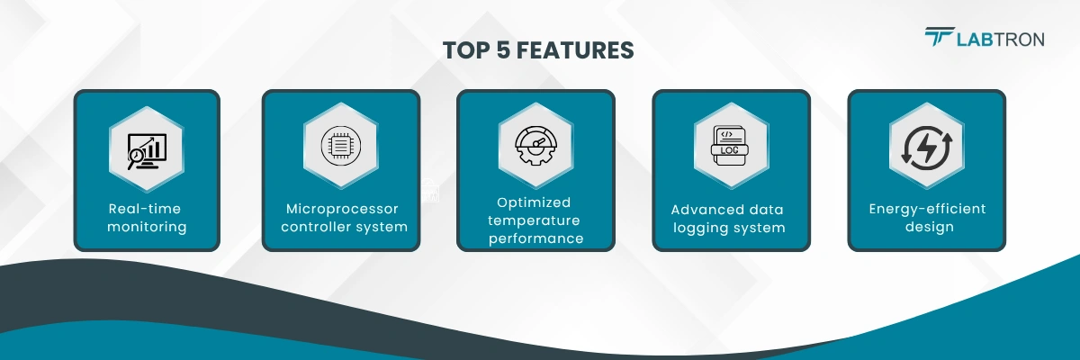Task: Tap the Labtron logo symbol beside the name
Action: [x=940, y=37]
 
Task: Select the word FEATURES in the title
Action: [x=580, y=50]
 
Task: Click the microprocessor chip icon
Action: [x=341, y=147]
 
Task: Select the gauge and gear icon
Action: [x=535, y=146]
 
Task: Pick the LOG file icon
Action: [x=731, y=147]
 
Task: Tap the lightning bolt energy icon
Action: [x=926, y=147]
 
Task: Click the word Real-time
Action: [x=146, y=209]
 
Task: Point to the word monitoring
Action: [x=146, y=227]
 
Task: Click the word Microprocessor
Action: [x=341, y=209]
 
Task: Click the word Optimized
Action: [x=535, y=202]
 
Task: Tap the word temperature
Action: [x=535, y=220]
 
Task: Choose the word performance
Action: [x=535, y=238]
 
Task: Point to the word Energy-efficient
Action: [x=926, y=209]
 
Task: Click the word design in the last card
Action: [x=926, y=227]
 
